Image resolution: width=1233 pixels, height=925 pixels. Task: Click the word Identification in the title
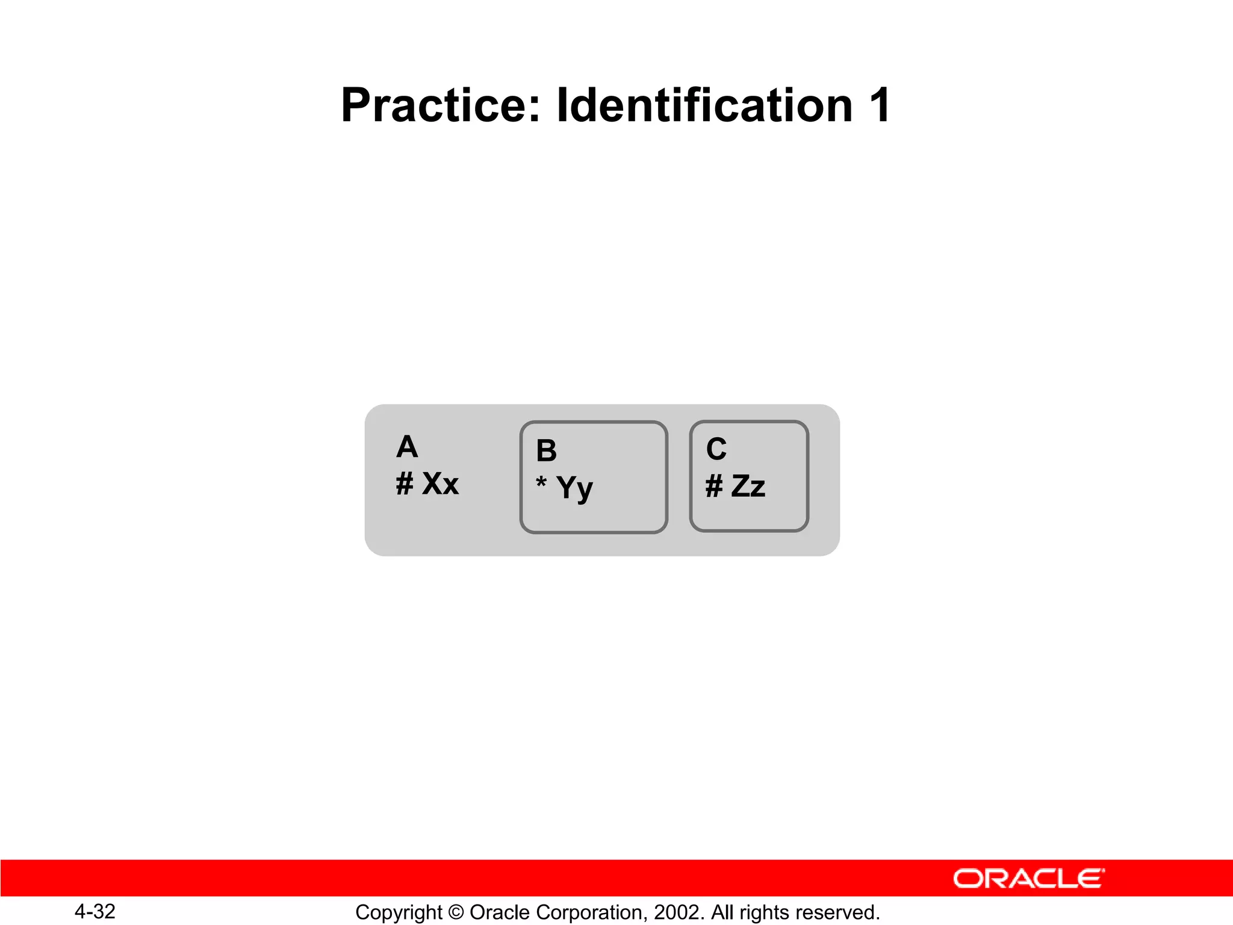point(704,105)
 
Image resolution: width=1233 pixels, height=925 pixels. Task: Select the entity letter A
point(407,447)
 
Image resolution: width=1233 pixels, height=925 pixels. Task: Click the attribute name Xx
point(440,484)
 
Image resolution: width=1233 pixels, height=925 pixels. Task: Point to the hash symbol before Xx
point(405,484)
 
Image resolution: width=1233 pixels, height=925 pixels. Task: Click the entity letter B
point(547,450)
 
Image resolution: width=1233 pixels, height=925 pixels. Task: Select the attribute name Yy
point(574,487)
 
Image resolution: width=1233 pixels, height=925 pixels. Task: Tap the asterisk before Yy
point(541,482)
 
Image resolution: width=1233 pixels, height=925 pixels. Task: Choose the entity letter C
point(716,449)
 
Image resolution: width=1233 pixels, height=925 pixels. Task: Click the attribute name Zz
point(748,486)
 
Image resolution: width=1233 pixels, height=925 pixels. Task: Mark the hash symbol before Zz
point(714,486)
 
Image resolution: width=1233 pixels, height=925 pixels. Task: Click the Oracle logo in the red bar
point(1028,879)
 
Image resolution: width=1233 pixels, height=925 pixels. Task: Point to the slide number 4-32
point(95,912)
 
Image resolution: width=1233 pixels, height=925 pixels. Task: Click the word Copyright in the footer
point(399,912)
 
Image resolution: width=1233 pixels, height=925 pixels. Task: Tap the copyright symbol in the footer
point(456,912)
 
